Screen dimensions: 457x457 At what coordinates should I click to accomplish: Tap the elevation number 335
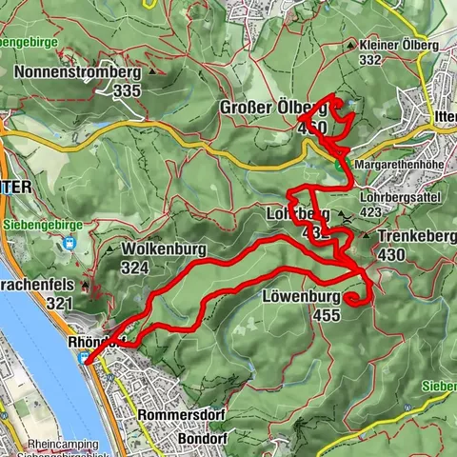pos(126,90)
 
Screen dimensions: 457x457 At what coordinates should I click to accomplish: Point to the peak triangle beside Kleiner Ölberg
pos(352,45)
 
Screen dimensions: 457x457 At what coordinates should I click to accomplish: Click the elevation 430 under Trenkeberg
pos(390,254)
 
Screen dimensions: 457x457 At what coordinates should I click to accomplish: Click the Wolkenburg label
pos(165,250)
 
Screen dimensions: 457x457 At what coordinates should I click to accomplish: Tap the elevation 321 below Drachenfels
pos(58,304)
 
